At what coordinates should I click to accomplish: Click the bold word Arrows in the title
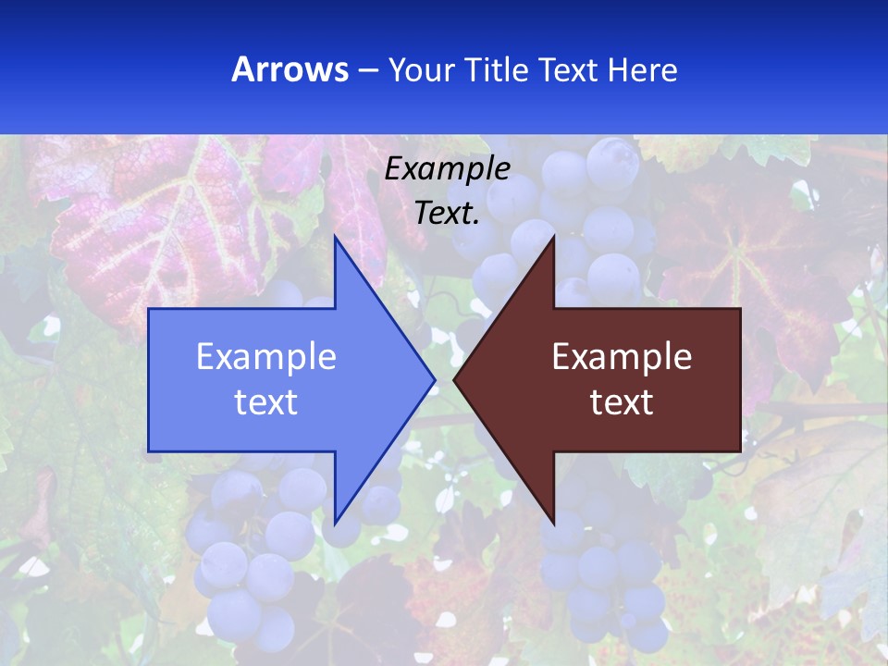[290, 69]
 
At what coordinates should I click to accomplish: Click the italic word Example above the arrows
[448, 168]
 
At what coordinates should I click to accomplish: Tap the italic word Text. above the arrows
[448, 214]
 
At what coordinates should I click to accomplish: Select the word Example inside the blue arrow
[266, 356]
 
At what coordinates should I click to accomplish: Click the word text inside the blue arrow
[266, 401]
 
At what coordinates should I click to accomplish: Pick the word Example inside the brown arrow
[622, 356]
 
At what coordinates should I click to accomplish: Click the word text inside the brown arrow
[622, 401]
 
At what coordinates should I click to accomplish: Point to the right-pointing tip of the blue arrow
[435, 379]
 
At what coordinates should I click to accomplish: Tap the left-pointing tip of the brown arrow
[454, 379]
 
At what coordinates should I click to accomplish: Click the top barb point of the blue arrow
[335, 237]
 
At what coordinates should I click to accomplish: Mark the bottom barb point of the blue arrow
[335, 523]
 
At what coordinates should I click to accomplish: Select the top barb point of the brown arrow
[553, 237]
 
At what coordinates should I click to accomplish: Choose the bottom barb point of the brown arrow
[553, 523]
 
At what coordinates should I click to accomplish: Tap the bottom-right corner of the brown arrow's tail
[740, 450]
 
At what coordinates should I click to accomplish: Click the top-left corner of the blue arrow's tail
[149, 309]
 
